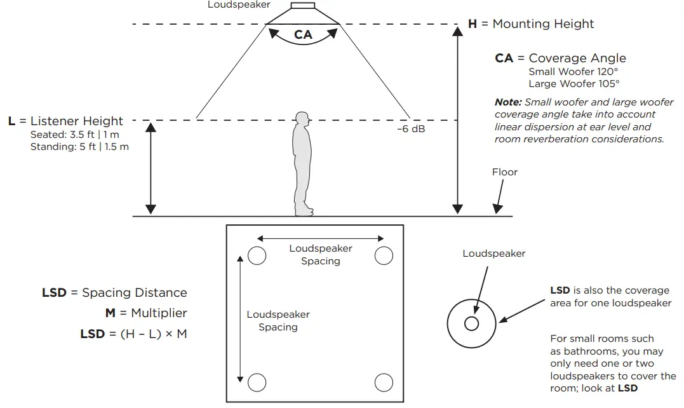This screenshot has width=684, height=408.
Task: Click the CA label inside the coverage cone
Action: [303, 34]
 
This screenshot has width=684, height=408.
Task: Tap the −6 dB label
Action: [411, 129]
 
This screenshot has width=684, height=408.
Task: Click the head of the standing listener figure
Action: [302, 119]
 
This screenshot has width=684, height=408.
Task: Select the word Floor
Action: [505, 172]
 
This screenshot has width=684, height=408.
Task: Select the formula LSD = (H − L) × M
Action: [133, 334]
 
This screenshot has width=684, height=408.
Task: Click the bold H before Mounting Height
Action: [472, 24]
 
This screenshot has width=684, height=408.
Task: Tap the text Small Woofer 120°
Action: [573, 72]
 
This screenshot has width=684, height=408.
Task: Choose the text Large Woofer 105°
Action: [574, 84]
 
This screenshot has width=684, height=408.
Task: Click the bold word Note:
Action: [508, 102]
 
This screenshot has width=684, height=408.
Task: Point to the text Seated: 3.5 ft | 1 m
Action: [74, 134]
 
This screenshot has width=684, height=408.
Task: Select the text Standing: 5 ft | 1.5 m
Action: [79, 147]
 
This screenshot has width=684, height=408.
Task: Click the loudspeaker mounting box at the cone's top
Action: [303, 6]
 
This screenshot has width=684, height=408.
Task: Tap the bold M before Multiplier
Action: [111, 313]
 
